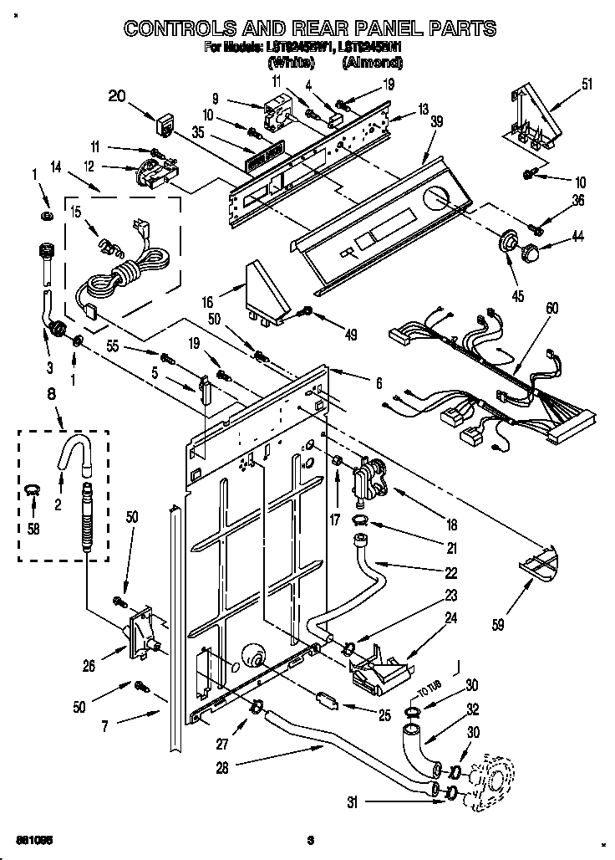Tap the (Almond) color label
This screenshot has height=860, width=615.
click(x=373, y=63)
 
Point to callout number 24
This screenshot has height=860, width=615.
click(x=475, y=620)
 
